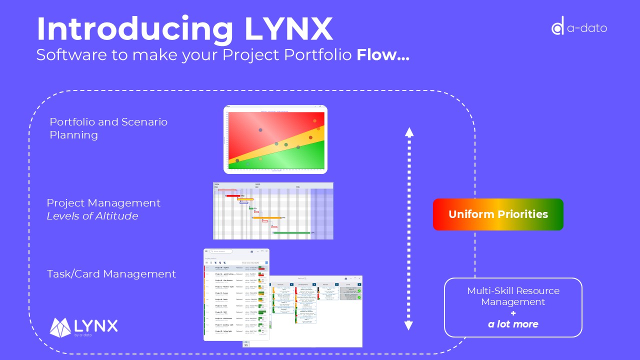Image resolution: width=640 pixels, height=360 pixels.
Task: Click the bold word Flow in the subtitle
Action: pos(382,55)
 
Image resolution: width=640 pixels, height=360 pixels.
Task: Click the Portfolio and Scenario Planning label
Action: pos(108,128)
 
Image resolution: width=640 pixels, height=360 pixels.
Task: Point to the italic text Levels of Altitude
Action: pos(92,216)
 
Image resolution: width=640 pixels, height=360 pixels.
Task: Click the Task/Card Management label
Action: pos(111,274)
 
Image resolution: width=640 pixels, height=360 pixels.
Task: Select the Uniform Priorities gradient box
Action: pos(498,214)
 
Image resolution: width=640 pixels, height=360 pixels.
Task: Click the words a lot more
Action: pos(513,324)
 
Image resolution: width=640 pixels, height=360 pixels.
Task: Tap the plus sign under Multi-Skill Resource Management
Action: pos(513,313)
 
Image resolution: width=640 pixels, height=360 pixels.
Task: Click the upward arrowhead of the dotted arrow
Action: pos(409,132)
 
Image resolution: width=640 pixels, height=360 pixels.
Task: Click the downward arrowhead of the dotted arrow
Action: pos(408,325)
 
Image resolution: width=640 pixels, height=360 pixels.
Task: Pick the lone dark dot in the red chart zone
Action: pos(260,130)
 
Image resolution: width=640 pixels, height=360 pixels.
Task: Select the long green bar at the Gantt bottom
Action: pos(292,232)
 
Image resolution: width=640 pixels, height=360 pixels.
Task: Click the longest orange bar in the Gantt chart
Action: pos(266,218)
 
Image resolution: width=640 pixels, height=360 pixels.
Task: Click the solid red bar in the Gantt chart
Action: pos(233,196)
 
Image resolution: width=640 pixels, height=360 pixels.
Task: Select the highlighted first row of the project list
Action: pos(236,268)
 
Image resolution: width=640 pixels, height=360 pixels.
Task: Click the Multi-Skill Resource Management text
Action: pos(513,296)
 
